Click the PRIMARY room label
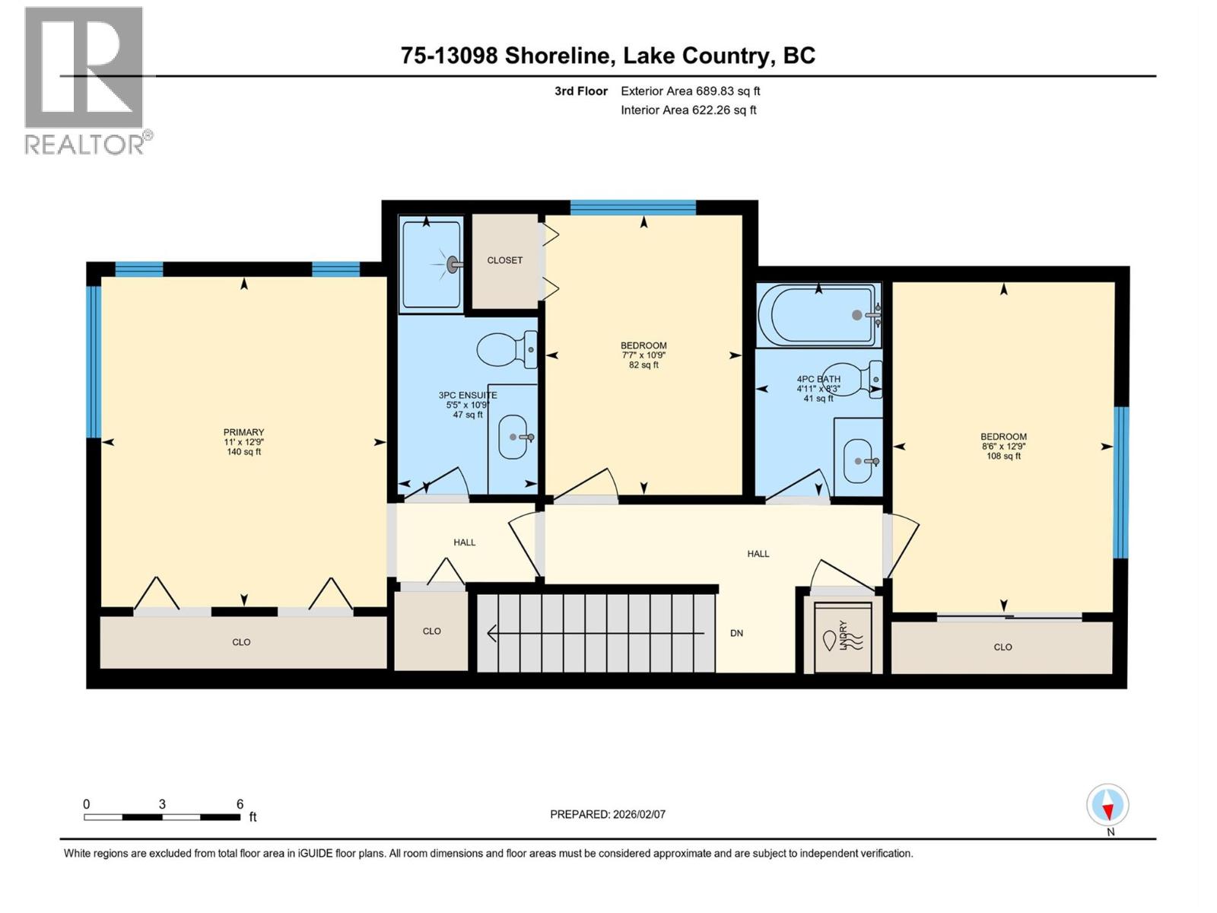pyautogui.click(x=243, y=432)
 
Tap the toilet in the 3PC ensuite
pyautogui.click(x=506, y=349)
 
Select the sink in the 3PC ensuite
pyautogui.click(x=513, y=437)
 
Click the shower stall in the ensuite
pyautogui.click(x=431, y=264)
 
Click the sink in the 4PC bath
pyautogui.click(x=860, y=461)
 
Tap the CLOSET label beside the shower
pyautogui.click(x=504, y=260)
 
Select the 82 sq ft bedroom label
pyautogui.click(x=643, y=365)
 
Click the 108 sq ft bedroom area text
pyautogui.click(x=1003, y=456)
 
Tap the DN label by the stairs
pyautogui.click(x=736, y=633)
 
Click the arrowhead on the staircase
pyautogui.click(x=492, y=633)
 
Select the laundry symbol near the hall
pyautogui.click(x=842, y=638)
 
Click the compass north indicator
pyautogui.click(x=1107, y=806)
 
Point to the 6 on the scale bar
pyautogui.click(x=240, y=804)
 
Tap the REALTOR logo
pyautogui.click(x=84, y=79)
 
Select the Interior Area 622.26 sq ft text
pyautogui.click(x=688, y=110)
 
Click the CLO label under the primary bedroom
pyautogui.click(x=241, y=642)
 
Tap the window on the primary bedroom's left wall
pyautogui.click(x=94, y=361)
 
